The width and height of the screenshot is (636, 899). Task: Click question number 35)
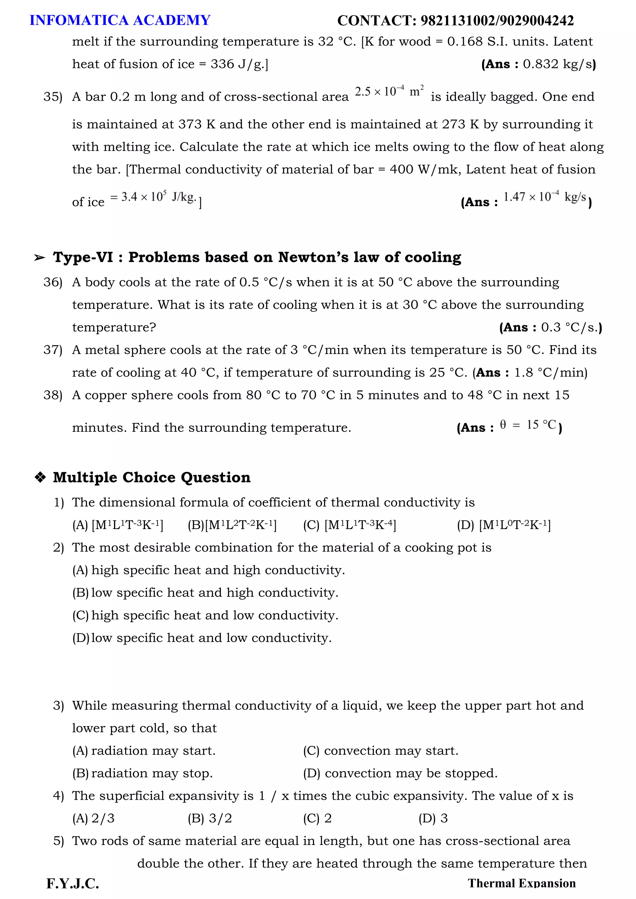point(53,97)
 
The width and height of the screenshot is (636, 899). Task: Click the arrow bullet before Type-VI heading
point(39,258)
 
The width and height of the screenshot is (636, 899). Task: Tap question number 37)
point(53,350)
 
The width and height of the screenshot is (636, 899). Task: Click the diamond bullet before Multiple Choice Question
point(40,477)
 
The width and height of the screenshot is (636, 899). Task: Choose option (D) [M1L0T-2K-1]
point(504,525)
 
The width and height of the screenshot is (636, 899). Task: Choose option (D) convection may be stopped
point(400,773)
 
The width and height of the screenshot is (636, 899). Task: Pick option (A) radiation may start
point(144,751)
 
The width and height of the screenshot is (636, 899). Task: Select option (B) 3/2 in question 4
point(210,818)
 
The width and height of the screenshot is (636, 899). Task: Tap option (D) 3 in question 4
point(433,818)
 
